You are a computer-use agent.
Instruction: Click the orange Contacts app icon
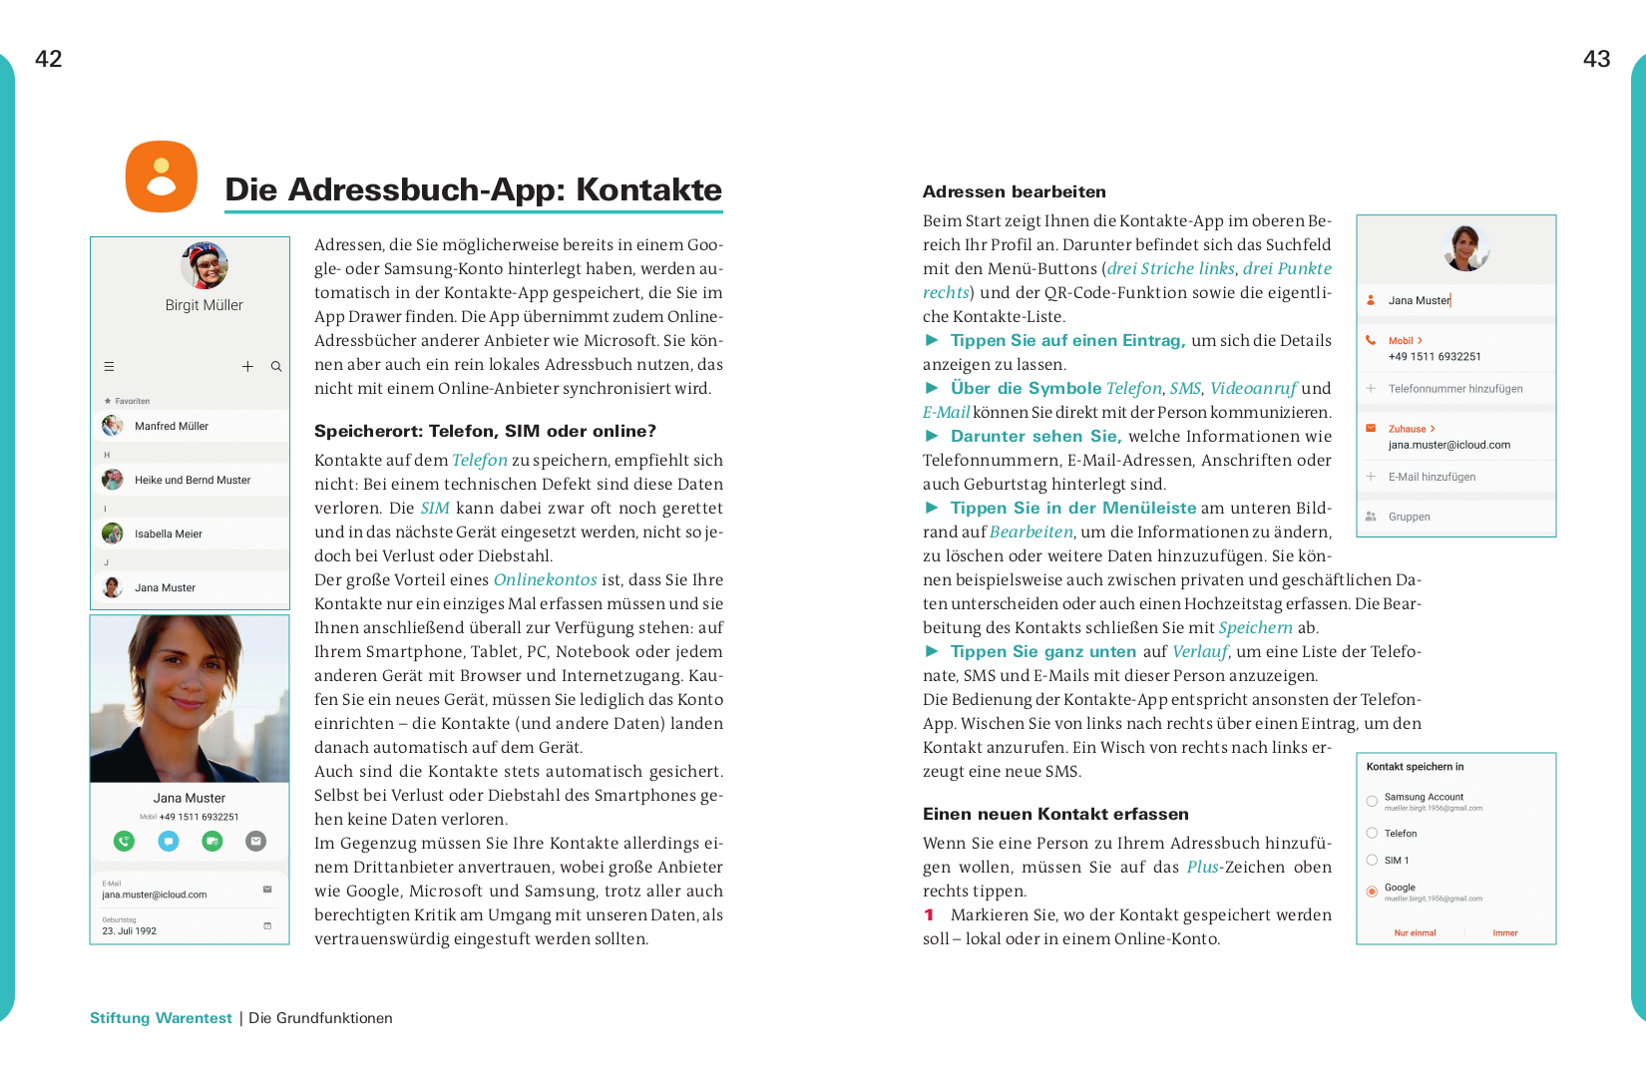[x=161, y=177]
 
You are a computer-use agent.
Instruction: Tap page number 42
[x=48, y=59]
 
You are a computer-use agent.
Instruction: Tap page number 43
[x=1596, y=59]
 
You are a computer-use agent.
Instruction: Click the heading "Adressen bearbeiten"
[x=1014, y=191]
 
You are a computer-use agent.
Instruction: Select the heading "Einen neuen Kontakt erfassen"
[x=1055, y=814]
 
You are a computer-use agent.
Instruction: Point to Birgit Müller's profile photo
[x=205, y=265]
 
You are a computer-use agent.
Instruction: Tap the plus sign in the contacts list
[x=247, y=367]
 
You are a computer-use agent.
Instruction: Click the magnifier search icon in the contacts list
[x=276, y=367]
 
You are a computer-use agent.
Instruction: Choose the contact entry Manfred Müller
[x=172, y=426]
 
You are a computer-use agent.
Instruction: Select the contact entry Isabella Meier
[x=169, y=534]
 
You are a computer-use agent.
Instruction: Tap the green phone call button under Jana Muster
[x=124, y=841]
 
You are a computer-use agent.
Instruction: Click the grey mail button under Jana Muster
[x=256, y=841]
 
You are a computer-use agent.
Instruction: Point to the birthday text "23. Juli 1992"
[x=130, y=930]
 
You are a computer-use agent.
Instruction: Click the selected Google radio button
[x=1372, y=891]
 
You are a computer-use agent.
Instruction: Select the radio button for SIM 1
[x=1372, y=860]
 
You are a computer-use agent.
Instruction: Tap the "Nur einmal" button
[x=1415, y=933]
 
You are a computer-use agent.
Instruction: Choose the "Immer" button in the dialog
[x=1504, y=933]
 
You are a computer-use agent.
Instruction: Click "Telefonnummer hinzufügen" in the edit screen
[x=1455, y=389]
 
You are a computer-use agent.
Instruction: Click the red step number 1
[x=929, y=914]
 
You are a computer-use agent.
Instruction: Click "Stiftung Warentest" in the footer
[x=161, y=1018]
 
